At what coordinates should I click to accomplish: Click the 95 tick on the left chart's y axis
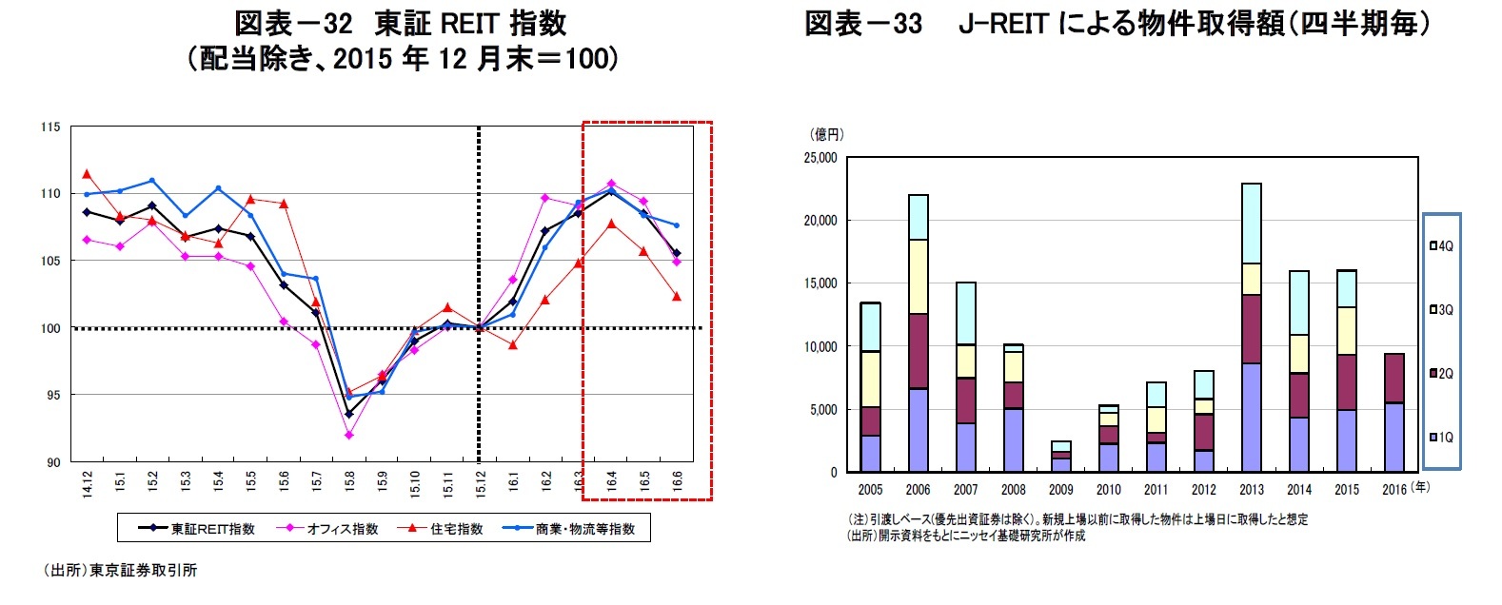click(52, 395)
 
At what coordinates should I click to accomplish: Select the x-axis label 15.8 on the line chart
click(349, 480)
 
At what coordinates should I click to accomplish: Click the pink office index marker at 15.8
click(349, 435)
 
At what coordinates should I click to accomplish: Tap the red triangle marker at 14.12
click(87, 174)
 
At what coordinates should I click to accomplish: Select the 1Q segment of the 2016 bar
click(1393, 438)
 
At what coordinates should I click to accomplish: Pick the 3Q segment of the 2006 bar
click(918, 276)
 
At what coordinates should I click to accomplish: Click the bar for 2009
click(1060, 457)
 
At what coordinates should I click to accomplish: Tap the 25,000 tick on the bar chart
click(820, 158)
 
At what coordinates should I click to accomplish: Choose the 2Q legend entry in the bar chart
click(1441, 373)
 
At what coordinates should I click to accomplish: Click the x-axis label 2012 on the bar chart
click(1203, 490)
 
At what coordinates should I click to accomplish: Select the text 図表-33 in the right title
click(863, 24)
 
